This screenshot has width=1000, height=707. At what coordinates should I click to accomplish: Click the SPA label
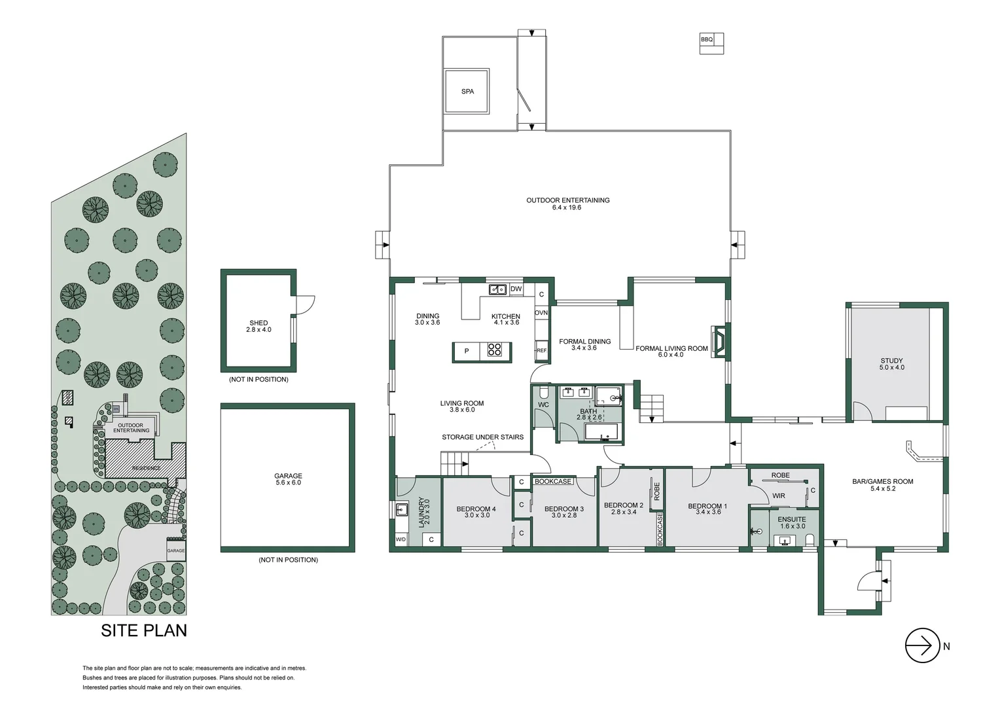467,92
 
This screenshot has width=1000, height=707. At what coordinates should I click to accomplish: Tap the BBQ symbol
711,43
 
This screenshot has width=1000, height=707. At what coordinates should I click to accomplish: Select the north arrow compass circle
922,645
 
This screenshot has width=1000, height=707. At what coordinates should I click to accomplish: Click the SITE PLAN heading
144,630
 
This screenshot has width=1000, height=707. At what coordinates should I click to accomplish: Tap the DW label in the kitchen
516,289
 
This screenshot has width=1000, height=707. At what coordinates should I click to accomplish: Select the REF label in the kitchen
541,351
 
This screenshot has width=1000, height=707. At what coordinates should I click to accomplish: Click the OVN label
541,313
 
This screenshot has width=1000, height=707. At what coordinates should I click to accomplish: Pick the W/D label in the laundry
401,539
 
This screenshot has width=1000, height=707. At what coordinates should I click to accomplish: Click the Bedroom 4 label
476,509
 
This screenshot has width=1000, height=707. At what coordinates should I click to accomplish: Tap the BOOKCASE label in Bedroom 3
553,481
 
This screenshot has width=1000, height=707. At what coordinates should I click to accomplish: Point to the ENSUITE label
792,519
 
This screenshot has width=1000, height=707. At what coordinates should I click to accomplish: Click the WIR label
778,496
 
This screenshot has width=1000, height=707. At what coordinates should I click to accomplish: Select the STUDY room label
891,361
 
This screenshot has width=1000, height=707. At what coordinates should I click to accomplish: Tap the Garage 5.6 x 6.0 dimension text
288,483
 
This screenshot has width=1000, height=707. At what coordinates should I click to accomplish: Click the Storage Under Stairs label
482,437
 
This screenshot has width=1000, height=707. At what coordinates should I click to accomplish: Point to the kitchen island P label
467,352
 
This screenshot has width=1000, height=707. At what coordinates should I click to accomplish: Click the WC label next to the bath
543,405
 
